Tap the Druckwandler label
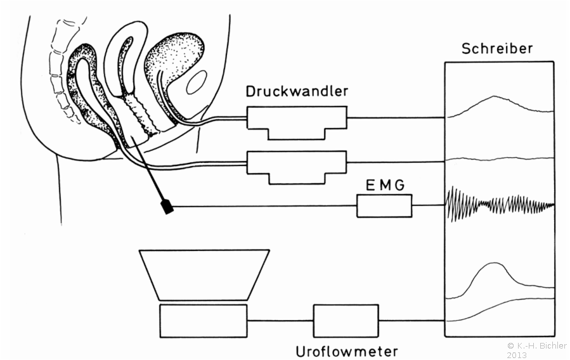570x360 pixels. click(297, 91)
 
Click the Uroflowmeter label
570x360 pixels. click(347, 350)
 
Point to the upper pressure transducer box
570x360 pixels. click(297, 120)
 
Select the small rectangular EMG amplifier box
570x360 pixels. click(384, 207)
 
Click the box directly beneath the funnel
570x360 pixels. click(202, 320)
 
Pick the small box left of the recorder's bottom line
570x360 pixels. click(346, 320)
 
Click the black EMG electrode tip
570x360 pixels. click(168, 207)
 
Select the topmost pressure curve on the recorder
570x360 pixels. click(498, 103)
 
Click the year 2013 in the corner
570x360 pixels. click(516, 355)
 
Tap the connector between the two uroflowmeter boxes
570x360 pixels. click(280, 321)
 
